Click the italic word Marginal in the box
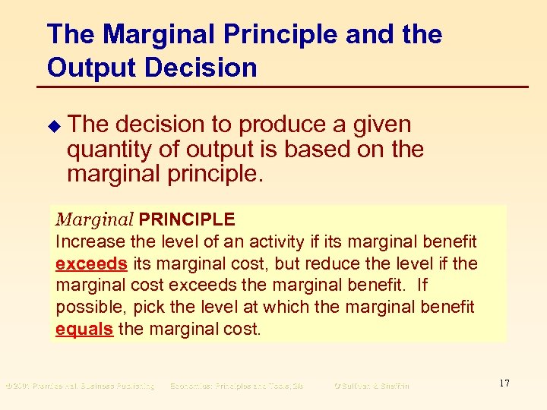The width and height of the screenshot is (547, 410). pyautogui.click(x=94, y=220)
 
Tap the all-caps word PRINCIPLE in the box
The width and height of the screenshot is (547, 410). pyautogui.click(x=187, y=220)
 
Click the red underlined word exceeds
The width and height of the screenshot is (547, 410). pyautogui.click(x=92, y=264)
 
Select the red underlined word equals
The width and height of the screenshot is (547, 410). pyautogui.click(x=84, y=330)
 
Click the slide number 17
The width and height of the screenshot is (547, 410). pyautogui.click(x=504, y=383)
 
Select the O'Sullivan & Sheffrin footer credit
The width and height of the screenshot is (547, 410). pyautogui.click(x=372, y=386)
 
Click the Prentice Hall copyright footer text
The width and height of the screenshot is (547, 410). pyautogui.click(x=80, y=386)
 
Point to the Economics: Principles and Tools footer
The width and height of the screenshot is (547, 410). pyautogui.click(x=237, y=386)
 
